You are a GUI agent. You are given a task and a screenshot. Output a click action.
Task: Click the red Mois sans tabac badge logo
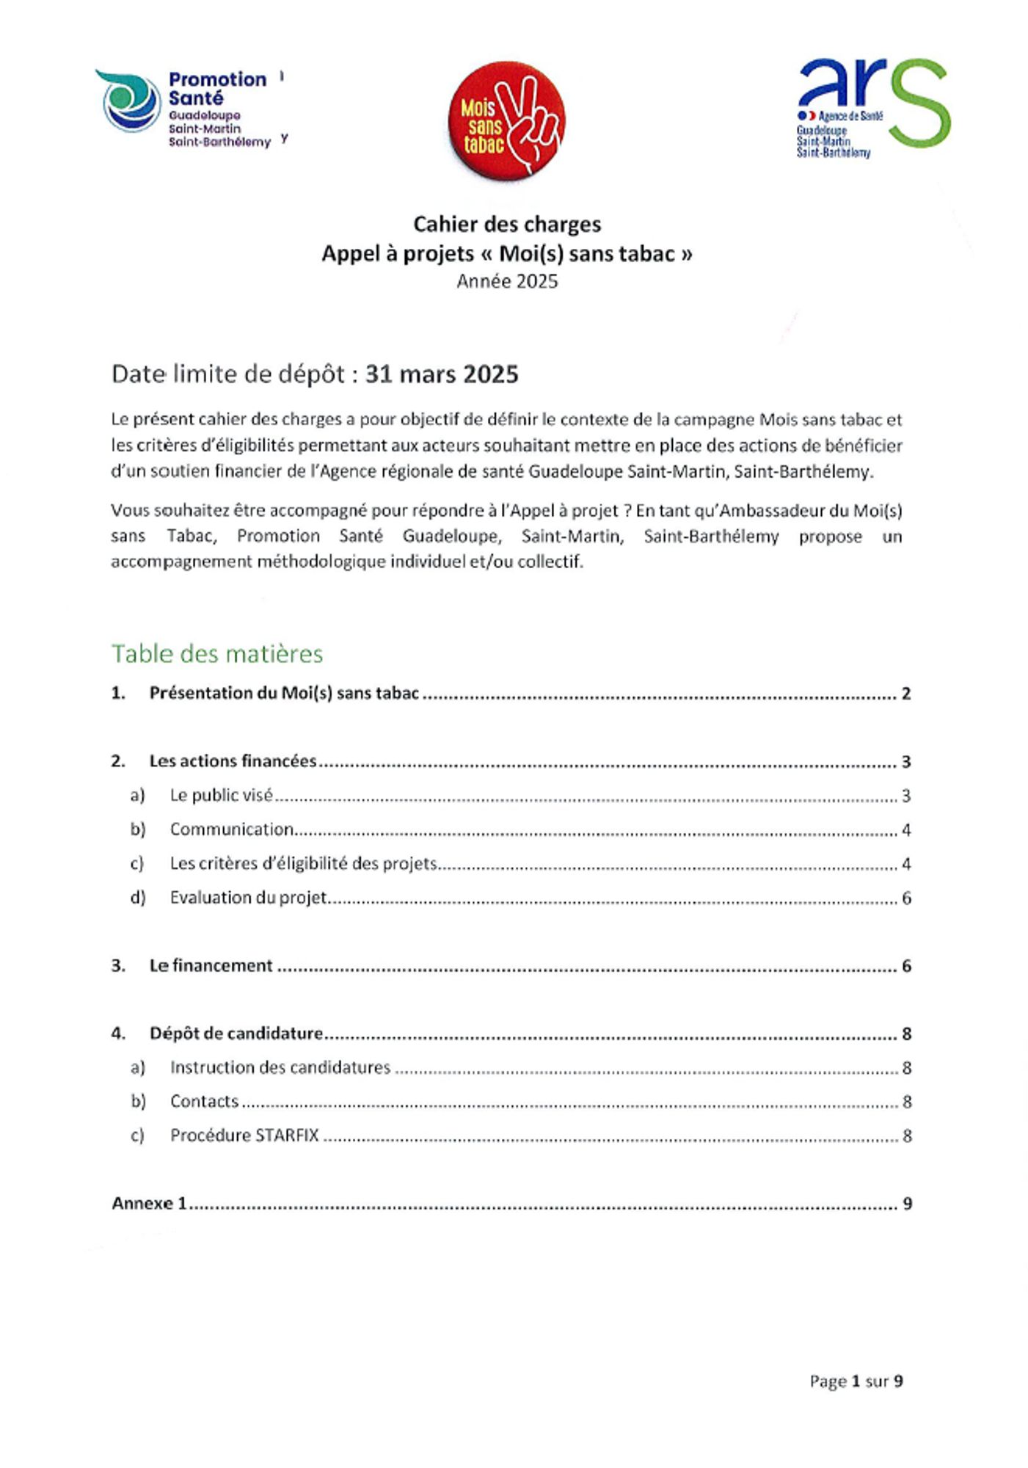coord(506,120)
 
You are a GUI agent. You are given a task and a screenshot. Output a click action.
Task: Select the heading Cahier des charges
coord(507,224)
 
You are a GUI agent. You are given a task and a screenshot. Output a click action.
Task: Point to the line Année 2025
coord(507,281)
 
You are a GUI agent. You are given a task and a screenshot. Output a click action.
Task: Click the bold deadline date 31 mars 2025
coord(442,374)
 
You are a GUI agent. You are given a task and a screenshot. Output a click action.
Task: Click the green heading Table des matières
coord(217,653)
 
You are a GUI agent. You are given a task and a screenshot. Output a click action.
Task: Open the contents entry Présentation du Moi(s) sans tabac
coord(284,693)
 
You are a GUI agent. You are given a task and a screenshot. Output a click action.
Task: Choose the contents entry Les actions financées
coord(233,761)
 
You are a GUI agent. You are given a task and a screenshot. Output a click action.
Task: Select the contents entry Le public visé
coord(221,795)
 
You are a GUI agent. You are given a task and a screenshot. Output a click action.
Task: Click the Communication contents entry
coord(231,829)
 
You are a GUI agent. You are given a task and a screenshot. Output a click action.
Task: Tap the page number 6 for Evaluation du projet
coord(906,898)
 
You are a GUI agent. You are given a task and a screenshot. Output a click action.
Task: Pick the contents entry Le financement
coord(211,966)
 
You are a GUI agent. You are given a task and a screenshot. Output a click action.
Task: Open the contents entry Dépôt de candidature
coord(236,1033)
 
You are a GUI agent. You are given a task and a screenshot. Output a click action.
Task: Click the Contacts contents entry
coord(204,1101)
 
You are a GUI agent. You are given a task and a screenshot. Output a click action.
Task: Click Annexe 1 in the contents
coord(150,1204)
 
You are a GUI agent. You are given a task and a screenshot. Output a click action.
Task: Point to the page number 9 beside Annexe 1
coord(907,1204)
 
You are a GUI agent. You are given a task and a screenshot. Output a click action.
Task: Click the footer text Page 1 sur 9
coord(856,1381)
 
